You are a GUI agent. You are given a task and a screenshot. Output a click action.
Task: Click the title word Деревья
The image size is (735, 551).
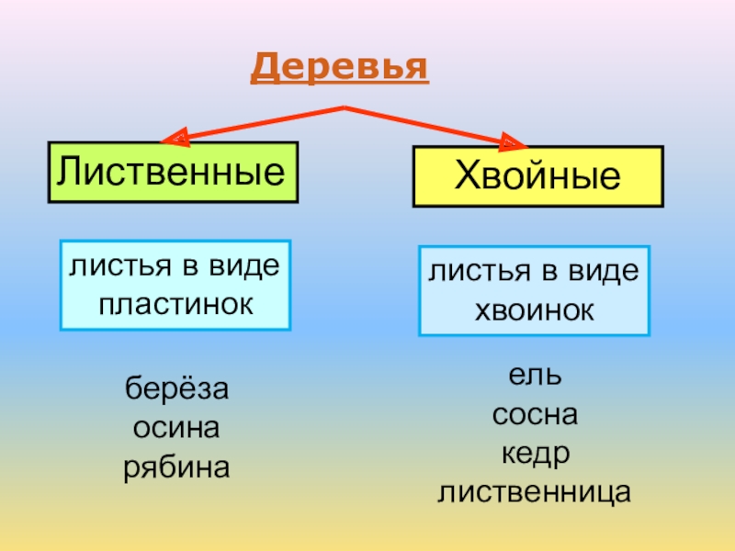340,66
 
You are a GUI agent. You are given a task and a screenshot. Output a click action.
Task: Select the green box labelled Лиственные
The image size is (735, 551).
173,171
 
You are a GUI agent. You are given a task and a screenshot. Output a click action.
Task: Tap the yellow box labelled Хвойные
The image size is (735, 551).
537,175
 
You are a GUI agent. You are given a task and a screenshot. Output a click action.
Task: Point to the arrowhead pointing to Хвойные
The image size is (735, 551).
513,141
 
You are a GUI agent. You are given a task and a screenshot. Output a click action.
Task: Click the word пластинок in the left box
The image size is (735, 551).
175,301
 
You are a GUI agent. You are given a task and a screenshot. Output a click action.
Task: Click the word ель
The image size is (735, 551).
535,376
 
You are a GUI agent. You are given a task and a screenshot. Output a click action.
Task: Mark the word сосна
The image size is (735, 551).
535,415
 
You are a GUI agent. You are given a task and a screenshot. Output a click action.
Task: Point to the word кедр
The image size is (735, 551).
535,455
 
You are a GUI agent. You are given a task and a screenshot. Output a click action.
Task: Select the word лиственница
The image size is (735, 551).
535,494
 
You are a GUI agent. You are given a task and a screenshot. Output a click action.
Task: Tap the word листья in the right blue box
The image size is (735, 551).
470,272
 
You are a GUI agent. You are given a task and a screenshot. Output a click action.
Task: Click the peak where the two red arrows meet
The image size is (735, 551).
344,108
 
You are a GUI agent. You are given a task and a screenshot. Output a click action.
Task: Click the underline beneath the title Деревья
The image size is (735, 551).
340,84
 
